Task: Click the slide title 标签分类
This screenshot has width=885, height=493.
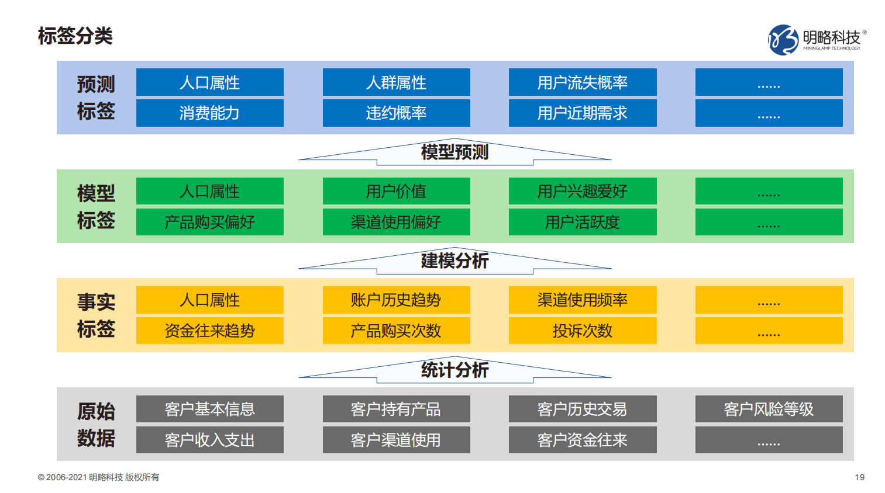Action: (x=75, y=36)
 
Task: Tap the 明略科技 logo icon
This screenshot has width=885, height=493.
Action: (x=783, y=40)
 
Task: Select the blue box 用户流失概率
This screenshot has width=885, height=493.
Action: (x=582, y=82)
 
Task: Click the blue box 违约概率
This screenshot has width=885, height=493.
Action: (x=396, y=113)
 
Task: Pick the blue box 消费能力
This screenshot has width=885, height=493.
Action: (x=209, y=113)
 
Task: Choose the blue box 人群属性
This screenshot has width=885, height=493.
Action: (x=396, y=82)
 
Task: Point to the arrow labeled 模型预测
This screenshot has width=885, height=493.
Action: (x=454, y=152)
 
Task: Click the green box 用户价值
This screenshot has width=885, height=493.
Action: (x=396, y=191)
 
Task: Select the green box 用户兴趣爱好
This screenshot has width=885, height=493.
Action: (x=582, y=191)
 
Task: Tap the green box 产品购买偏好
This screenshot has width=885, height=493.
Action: (x=209, y=222)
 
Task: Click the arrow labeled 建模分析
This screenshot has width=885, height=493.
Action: (x=454, y=261)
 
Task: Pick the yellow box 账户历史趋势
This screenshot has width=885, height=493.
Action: (x=396, y=300)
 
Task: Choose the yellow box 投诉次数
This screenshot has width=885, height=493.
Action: (x=582, y=331)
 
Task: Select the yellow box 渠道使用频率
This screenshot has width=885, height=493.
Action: (x=582, y=300)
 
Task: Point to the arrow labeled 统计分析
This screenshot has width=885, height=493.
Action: (x=454, y=370)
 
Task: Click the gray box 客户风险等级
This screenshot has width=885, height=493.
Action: (x=769, y=409)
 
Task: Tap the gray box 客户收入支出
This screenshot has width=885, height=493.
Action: (x=209, y=440)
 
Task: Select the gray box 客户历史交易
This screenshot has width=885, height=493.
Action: (x=582, y=409)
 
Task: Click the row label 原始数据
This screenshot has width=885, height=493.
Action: (x=96, y=425)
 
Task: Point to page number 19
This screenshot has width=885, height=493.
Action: (x=859, y=477)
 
